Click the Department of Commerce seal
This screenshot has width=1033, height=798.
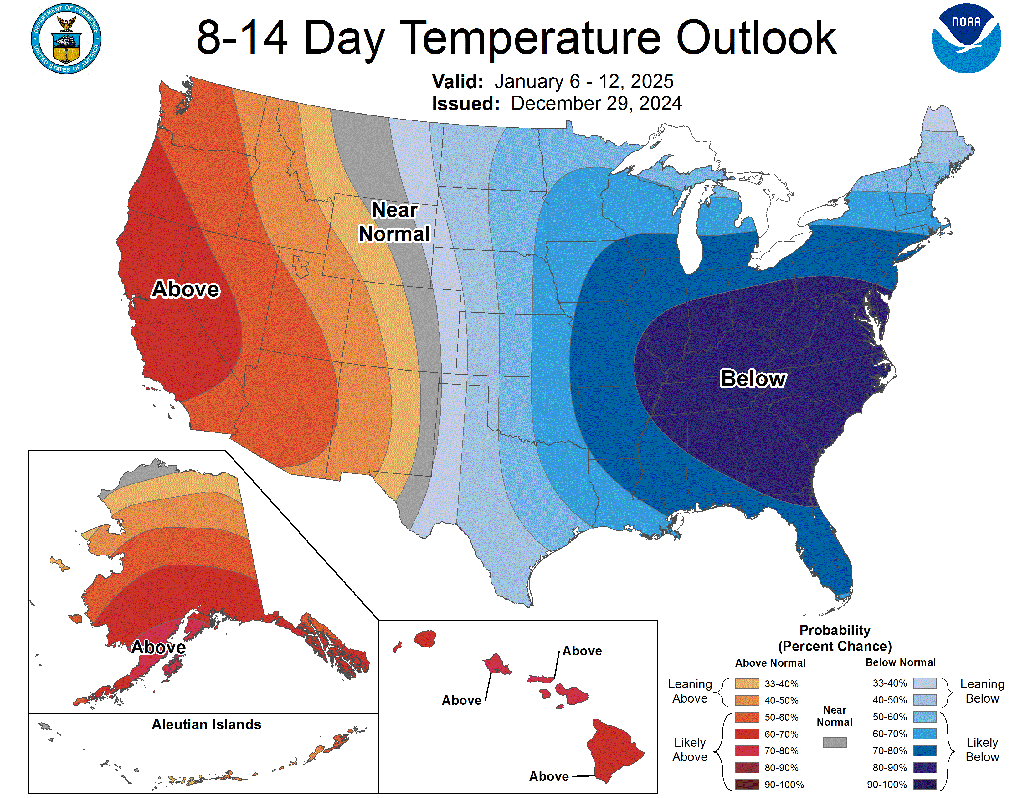[x=66, y=39]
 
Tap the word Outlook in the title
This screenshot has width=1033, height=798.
[x=756, y=38]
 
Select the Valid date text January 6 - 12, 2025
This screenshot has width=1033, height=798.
[x=584, y=81]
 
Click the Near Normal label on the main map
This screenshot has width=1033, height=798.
[x=394, y=222]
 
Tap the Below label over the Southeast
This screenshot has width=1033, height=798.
[x=753, y=379]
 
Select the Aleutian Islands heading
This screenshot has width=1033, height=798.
[x=206, y=724]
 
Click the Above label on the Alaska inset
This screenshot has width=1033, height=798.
[x=158, y=647]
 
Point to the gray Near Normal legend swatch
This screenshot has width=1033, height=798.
[x=834, y=742]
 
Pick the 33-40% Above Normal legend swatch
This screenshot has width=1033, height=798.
[x=747, y=683]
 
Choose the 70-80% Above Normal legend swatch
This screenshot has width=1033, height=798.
[x=747, y=751]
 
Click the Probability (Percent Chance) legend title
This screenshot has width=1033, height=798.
[x=835, y=638]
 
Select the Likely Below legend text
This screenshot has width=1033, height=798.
[x=982, y=750]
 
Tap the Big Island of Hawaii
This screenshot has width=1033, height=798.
[x=613, y=749]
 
